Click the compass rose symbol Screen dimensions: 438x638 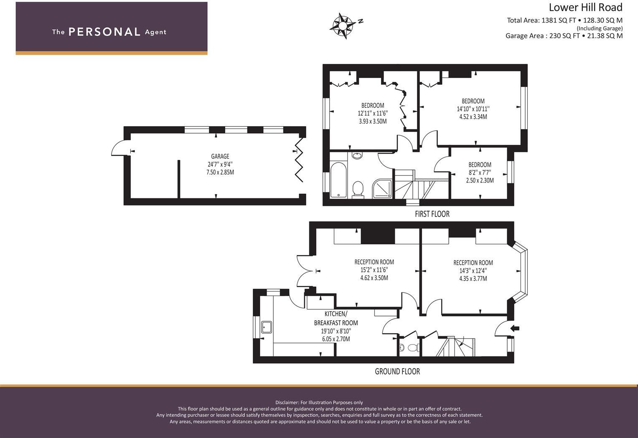342,26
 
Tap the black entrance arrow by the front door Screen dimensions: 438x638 515,328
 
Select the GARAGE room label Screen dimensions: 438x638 220,157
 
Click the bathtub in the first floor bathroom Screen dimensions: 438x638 338,180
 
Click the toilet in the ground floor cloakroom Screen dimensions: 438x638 412,347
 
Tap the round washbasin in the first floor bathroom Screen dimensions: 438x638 357,156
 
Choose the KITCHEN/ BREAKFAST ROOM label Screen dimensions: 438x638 336,318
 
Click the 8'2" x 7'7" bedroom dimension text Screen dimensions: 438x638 480,172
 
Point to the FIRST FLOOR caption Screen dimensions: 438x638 432,214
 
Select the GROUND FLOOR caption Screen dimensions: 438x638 397,372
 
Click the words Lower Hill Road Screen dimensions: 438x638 585,7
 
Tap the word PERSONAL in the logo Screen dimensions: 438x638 104,32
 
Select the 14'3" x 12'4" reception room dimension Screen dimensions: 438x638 473,271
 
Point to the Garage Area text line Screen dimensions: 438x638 564,36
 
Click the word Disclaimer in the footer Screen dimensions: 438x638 287,403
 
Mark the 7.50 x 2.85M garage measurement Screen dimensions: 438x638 220,172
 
